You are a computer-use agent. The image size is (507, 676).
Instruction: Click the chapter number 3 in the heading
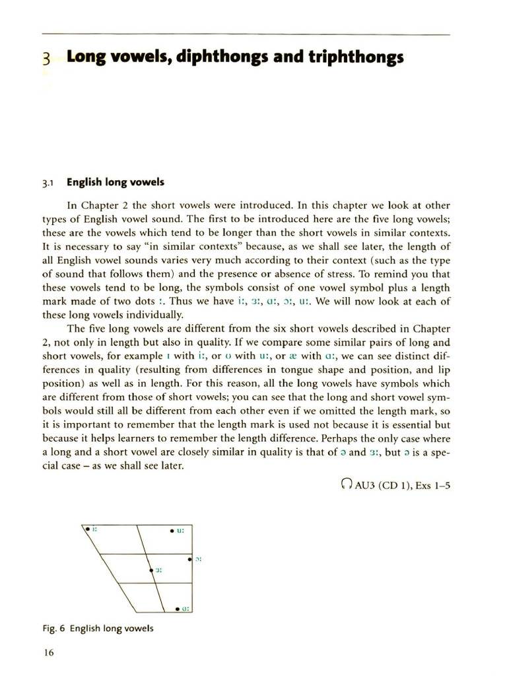coord(46,58)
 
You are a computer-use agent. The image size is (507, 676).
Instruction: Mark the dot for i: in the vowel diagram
coord(86,528)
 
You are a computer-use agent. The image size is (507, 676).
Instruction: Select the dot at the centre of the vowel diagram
coord(151,569)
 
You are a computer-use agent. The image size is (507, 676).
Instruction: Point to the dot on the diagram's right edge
coord(190,560)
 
